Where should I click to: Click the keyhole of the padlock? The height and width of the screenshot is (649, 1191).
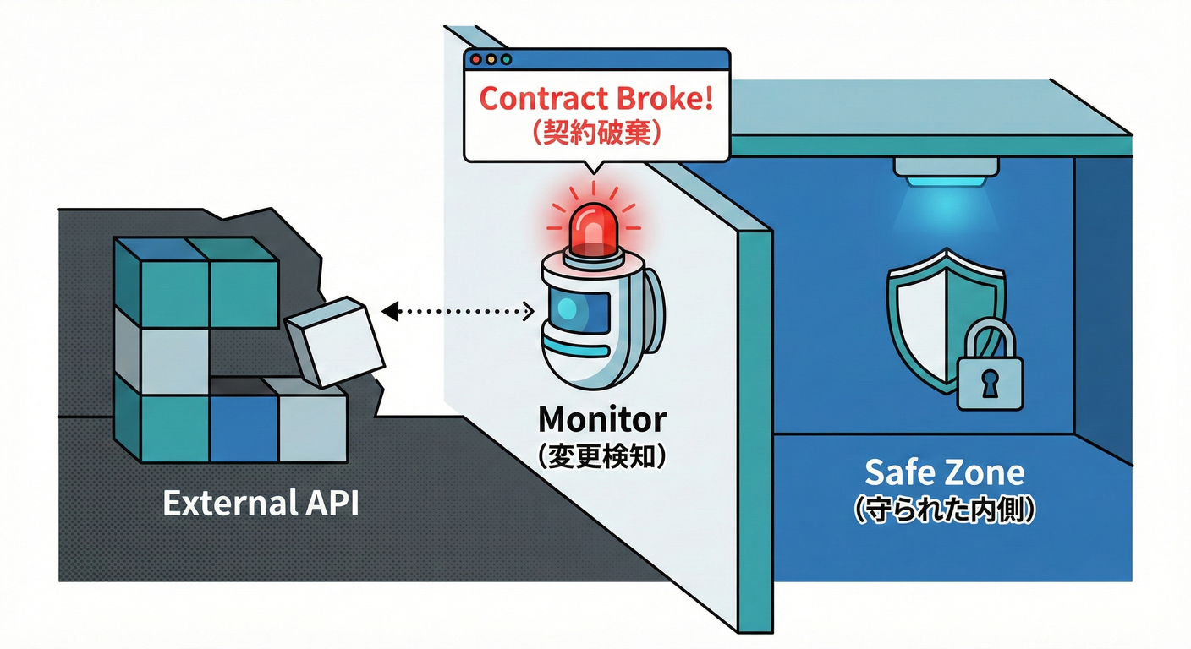[x=989, y=384]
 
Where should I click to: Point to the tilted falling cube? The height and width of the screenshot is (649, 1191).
[x=336, y=341]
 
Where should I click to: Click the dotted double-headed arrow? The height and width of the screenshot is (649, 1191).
[x=458, y=313]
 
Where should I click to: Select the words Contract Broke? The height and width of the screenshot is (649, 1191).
[x=596, y=99]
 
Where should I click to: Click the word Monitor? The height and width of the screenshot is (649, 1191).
[x=602, y=419]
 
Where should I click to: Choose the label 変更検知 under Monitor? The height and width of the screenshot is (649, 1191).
[x=602, y=455]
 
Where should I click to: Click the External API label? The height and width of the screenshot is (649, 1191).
[x=261, y=504]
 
